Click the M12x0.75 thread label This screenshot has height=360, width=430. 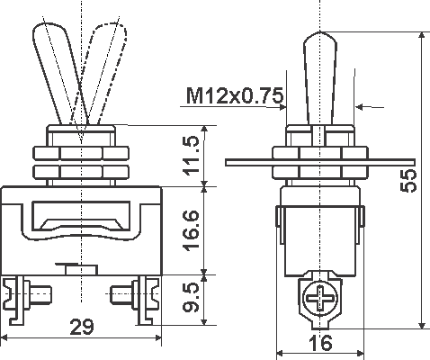[236, 94]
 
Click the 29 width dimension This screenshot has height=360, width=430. [81, 328]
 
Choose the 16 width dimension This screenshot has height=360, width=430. [321, 342]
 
